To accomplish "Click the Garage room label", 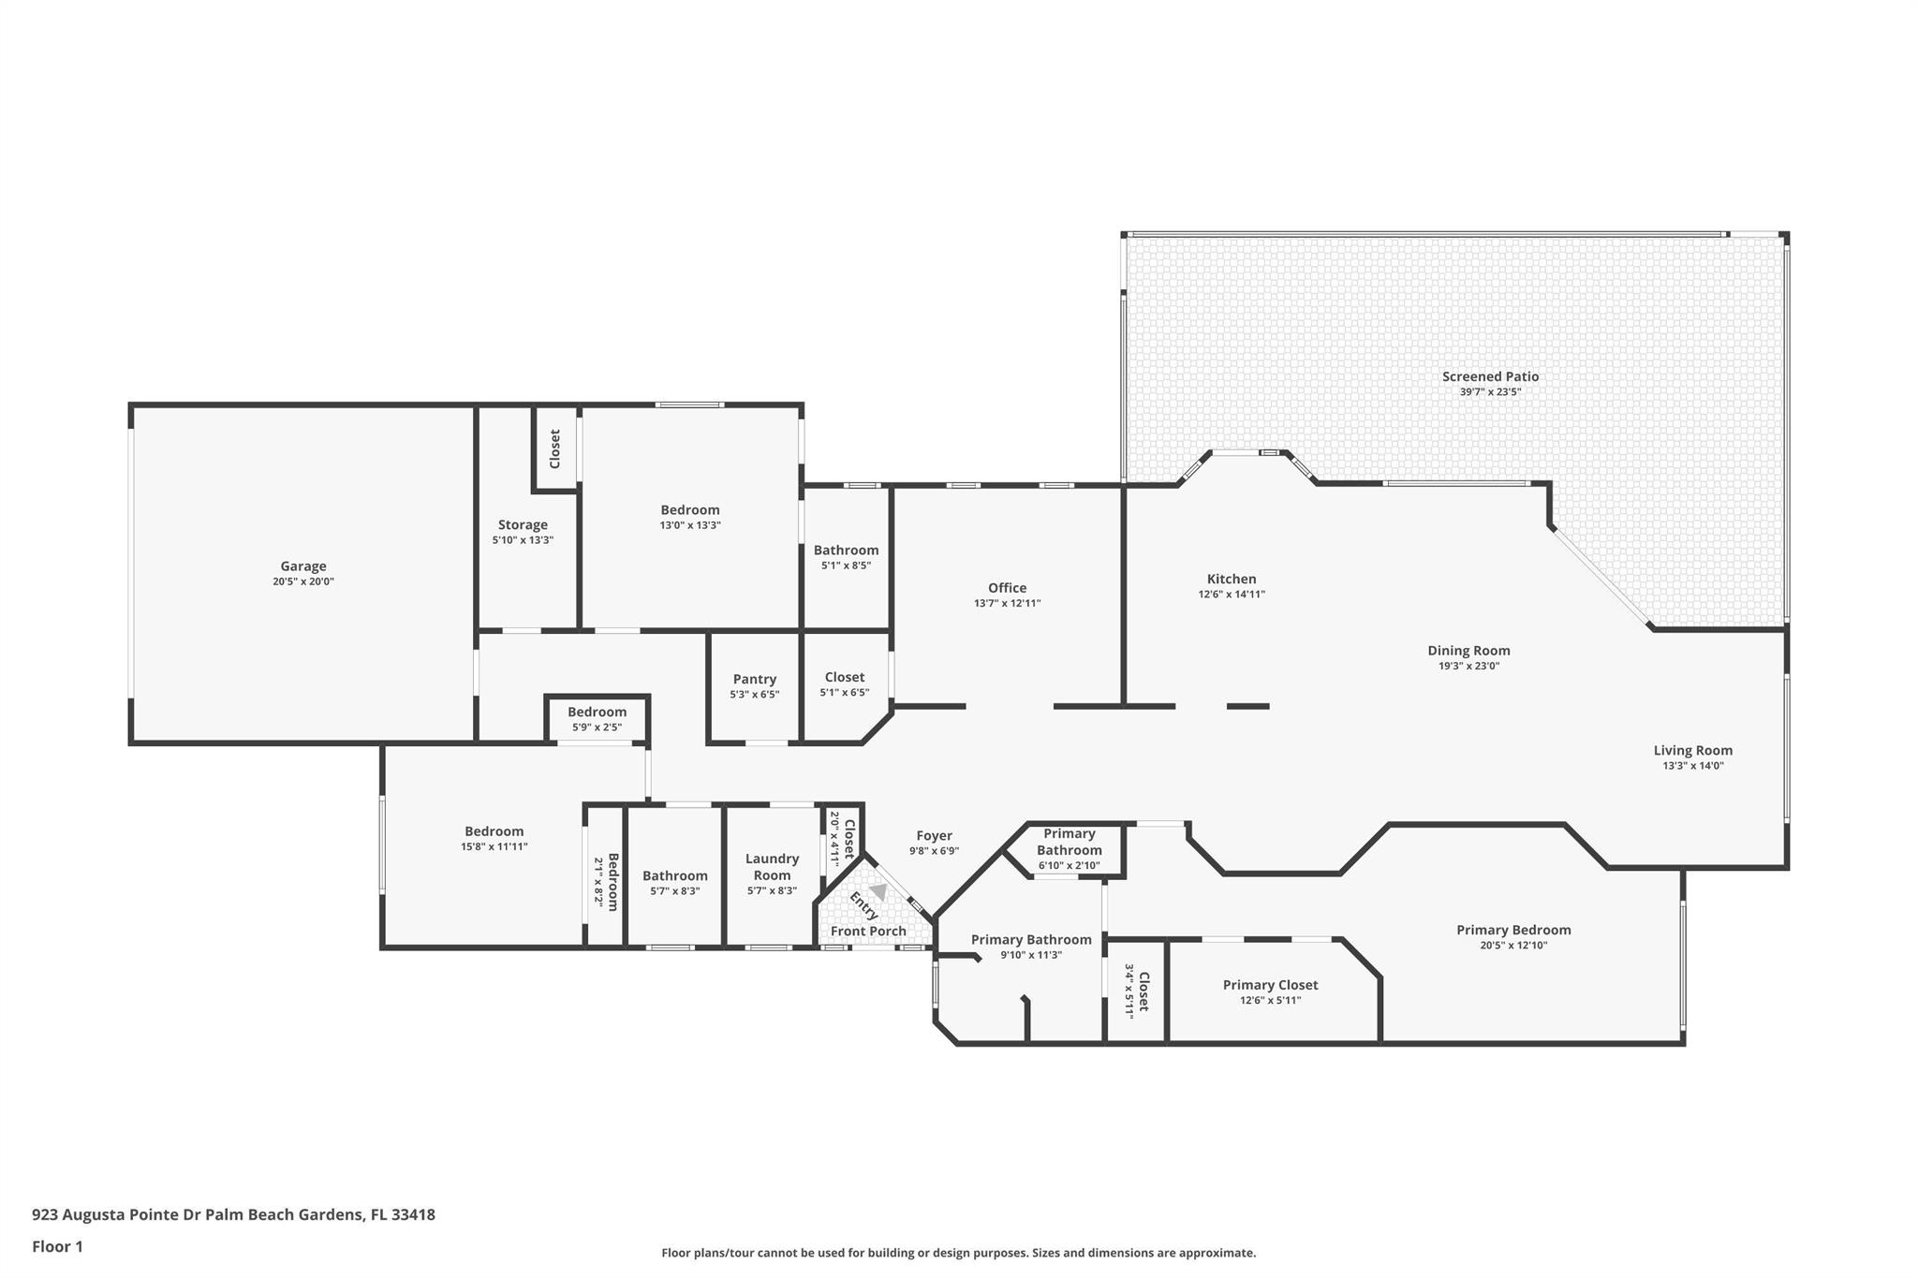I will tap(303, 566).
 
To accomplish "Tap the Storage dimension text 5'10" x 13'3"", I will tap(523, 540).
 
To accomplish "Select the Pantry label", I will tap(754, 679).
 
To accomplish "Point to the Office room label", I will tap(1007, 588).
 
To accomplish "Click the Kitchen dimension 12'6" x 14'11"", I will tap(1232, 595).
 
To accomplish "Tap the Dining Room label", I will tap(1468, 651).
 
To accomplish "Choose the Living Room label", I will tap(1692, 750).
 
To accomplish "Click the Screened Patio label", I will tap(1490, 376).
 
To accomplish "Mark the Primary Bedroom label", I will tap(1513, 930).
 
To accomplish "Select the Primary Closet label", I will tap(1270, 985).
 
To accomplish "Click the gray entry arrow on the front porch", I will tap(878, 891).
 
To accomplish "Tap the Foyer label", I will tap(934, 836).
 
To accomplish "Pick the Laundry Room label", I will tap(772, 867).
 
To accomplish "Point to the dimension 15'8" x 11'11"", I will tap(494, 846).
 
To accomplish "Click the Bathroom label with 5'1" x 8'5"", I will tap(846, 551).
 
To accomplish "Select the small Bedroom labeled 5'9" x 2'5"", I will tap(597, 712).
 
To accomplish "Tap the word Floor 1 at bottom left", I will tap(57, 1246).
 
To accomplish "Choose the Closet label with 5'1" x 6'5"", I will tap(844, 677).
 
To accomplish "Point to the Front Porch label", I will tap(868, 931).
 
